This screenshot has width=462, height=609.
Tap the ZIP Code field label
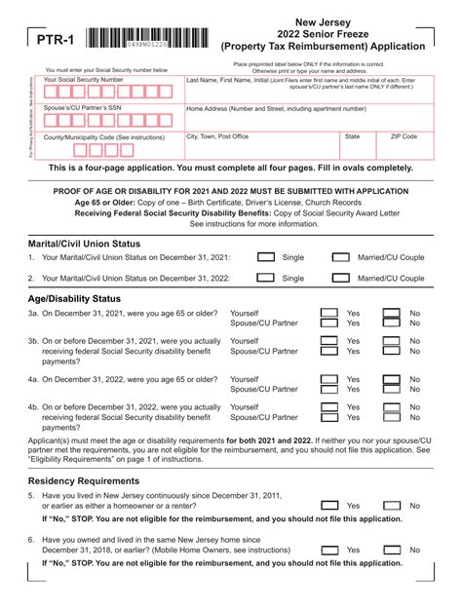click(404, 137)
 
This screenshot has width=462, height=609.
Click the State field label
click(352, 137)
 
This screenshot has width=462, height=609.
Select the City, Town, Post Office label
click(217, 137)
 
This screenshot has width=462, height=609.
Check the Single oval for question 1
click(265, 257)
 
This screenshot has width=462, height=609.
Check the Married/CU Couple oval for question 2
click(340, 278)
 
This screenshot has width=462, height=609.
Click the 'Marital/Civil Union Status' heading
click(84, 243)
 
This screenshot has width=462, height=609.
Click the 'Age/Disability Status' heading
click(74, 298)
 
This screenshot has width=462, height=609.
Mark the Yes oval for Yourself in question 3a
click(330, 314)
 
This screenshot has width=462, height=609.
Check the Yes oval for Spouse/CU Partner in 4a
click(330, 389)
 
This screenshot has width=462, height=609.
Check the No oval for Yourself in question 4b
click(391, 407)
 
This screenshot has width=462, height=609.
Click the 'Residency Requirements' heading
click(83, 481)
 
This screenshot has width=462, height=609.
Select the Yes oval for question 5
click(330, 506)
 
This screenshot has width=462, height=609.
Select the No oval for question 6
click(391, 550)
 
